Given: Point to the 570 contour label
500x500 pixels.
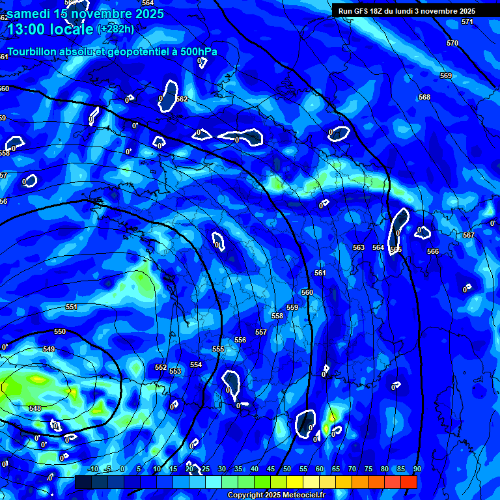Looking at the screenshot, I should (x=452, y=43).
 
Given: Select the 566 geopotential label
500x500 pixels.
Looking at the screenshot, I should (x=433, y=251).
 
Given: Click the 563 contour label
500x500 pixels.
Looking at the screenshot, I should (x=359, y=247).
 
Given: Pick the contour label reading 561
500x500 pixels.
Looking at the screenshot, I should (x=320, y=273).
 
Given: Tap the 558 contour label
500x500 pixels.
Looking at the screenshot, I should (x=277, y=316).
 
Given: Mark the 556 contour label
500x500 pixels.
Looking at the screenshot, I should (x=240, y=340).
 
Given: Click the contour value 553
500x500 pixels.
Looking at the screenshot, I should (x=175, y=371).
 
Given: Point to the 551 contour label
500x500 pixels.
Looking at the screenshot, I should (x=72, y=307).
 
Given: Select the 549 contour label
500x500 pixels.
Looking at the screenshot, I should (x=49, y=349).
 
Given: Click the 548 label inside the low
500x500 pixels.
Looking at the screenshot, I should (x=35, y=408).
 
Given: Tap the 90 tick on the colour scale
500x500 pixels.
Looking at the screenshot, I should (x=417, y=469).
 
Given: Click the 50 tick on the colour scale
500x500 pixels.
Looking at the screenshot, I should (x=287, y=469).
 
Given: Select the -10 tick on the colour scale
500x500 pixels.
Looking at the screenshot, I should (x=93, y=469).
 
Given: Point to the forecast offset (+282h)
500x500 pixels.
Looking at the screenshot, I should (x=116, y=29).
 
